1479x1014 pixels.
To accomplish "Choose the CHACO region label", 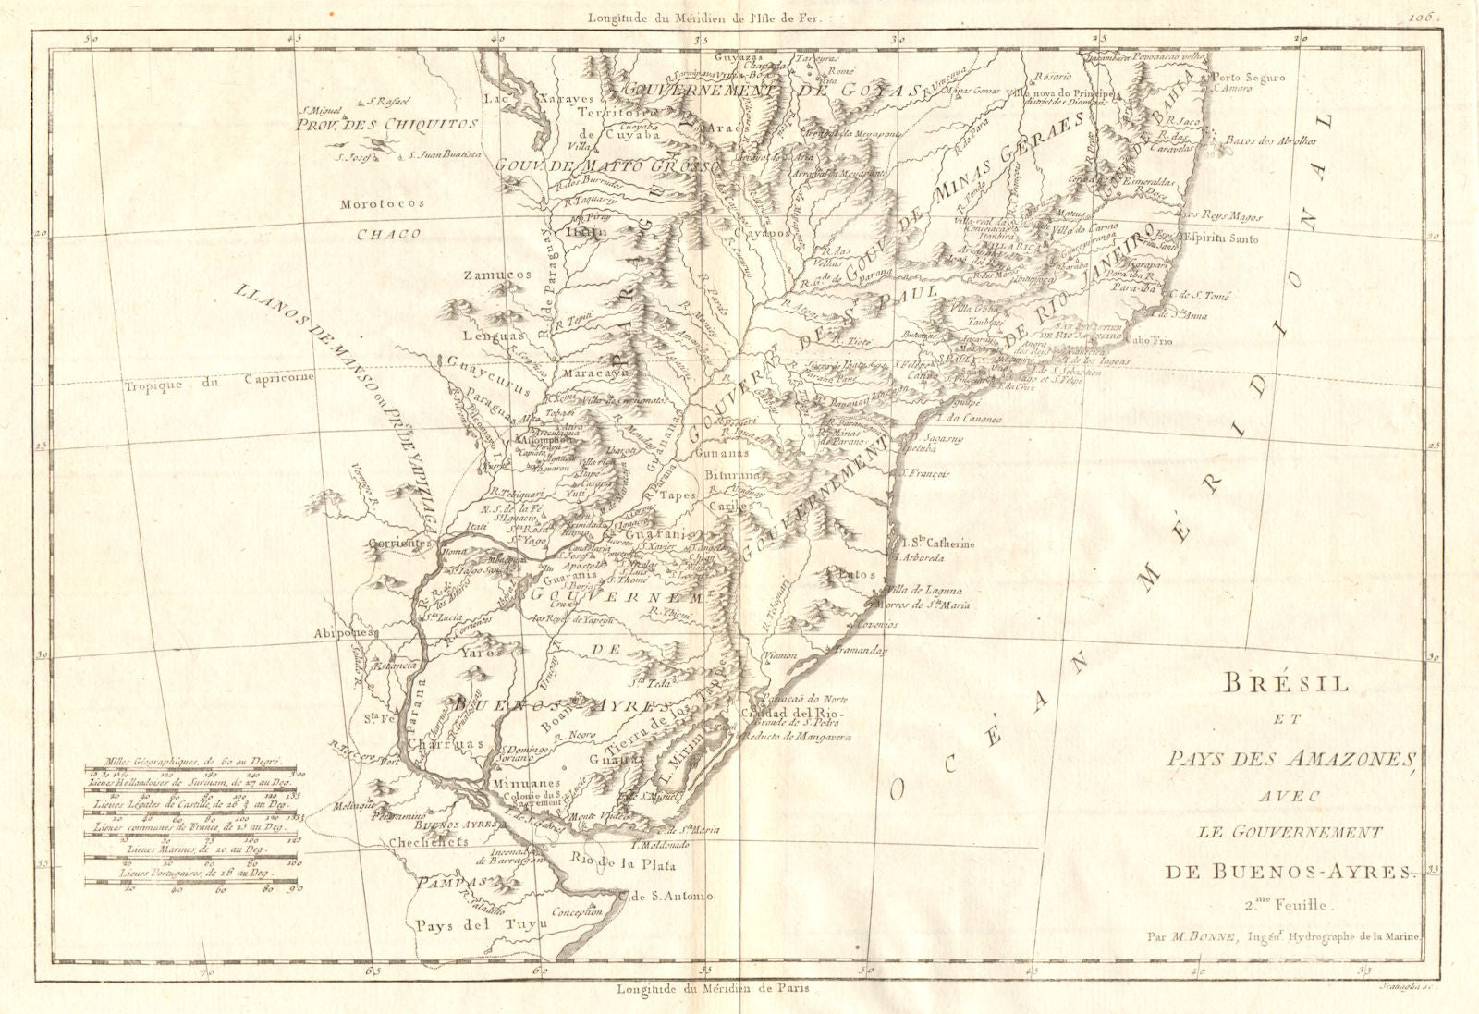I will point(388,234).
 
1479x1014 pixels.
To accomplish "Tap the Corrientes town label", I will point(400,544).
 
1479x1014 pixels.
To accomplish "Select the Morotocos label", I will point(382,203).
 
